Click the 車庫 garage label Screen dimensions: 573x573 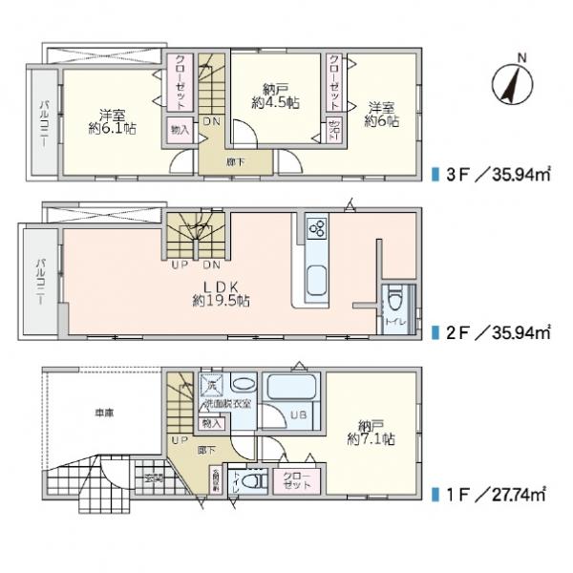pyautogui.click(x=104, y=414)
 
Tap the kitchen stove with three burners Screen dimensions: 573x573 pyautogui.click(x=317, y=229)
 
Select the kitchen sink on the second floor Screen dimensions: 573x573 pyautogui.click(x=317, y=282)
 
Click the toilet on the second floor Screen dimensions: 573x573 pyautogui.click(x=394, y=304)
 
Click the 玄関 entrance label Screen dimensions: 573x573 pyautogui.click(x=154, y=477)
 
